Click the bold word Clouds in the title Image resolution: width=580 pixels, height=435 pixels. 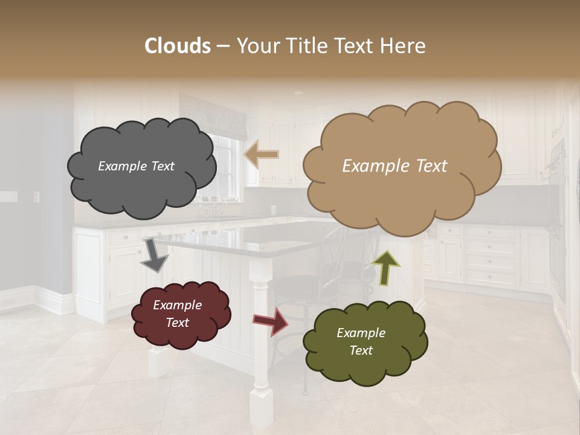click(x=178, y=46)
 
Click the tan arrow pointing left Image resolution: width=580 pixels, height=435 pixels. click(x=262, y=155)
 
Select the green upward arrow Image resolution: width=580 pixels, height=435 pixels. click(x=386, y=267)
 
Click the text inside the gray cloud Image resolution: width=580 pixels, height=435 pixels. click(x=136, y=166)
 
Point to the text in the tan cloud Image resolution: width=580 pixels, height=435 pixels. click(x=395, y=166)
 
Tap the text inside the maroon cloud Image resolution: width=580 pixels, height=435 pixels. click(x=177, y=314)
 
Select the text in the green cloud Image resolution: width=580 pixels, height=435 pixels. click(x=361, y=341)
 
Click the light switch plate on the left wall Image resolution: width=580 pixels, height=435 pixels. click(x=36, y=196)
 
